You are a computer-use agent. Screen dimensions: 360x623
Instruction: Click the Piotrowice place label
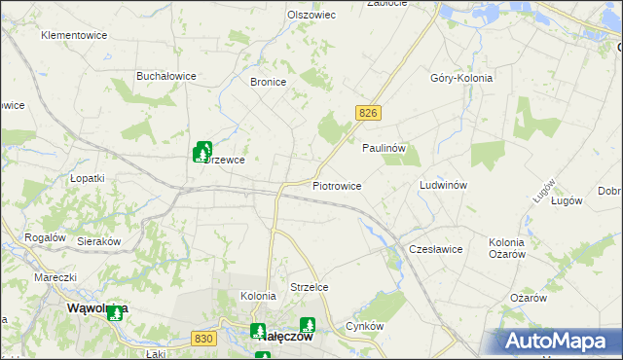point(337,185)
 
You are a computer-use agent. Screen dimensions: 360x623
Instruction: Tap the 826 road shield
point(367,114)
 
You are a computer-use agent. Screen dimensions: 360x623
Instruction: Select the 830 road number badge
point(203,338)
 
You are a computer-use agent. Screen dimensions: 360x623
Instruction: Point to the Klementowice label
point(73,35)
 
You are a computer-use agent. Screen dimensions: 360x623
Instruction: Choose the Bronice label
point(268,83)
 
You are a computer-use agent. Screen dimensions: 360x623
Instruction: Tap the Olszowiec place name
point(311,16)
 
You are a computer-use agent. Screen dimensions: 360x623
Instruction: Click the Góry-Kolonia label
point(461,78)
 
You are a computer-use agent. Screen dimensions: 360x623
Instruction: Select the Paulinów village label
point(384,148)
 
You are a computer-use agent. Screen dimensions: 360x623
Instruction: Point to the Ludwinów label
point(444,185)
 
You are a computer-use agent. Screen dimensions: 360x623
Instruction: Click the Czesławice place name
point(435,249)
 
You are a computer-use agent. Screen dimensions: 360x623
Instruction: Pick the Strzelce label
point(310,287)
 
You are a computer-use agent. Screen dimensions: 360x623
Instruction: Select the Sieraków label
point(98,240)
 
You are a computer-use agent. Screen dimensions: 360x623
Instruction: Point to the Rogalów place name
point(45,237)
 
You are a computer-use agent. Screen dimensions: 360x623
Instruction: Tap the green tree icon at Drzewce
point(202,151)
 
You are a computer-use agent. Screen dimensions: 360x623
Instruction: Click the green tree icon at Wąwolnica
point(115,312)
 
